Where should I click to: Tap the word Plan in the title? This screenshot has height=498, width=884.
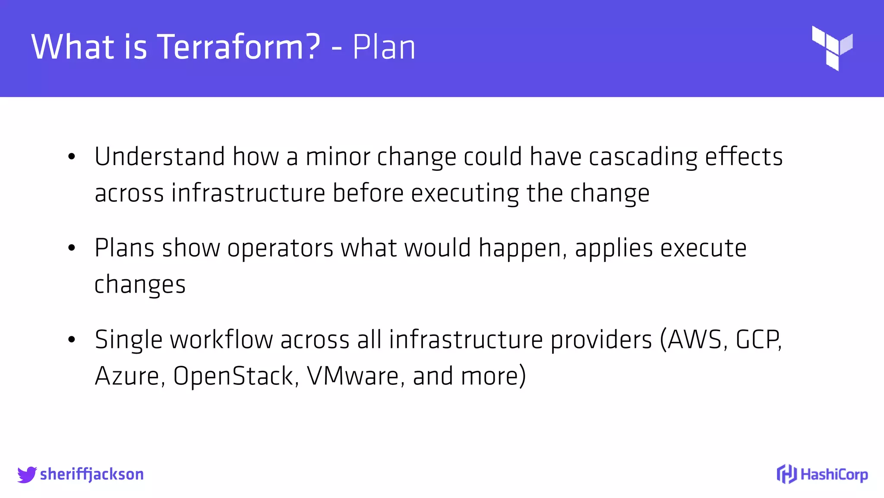[x=384, y=47]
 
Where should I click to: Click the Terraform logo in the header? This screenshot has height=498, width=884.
[x=832, y=48]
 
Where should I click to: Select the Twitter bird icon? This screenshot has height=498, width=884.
[x=27, y=475]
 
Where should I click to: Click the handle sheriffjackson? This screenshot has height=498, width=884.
[x=92, y=475]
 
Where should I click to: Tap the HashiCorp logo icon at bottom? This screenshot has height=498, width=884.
[x=786, y=474]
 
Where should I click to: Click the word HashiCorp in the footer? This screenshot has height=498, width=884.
[x=834, y=475]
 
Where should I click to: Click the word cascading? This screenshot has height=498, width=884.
[x=643, y=157]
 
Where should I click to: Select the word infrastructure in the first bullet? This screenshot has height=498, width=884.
[x=248, y=193]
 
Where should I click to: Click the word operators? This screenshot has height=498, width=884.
[x=280, y=249]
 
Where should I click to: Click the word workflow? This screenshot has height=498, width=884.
[x=221, y=339]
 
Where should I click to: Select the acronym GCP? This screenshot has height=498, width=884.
[x=758, y=339]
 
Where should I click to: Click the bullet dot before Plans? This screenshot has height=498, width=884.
[x=72, y=248]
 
